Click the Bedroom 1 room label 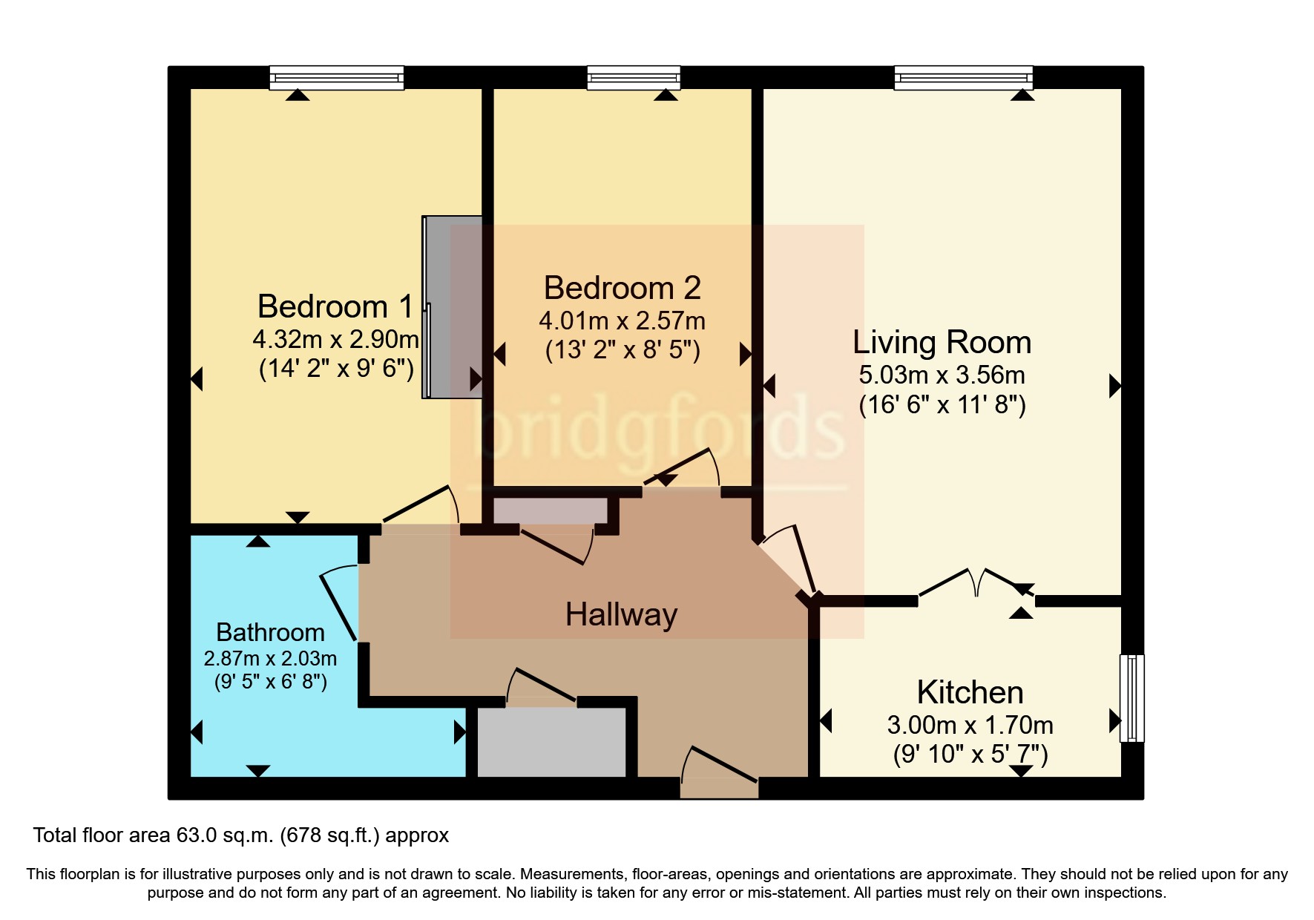(x=335, y=306)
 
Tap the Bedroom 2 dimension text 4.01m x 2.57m (x=622, y=321)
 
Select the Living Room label (x=942, y=343)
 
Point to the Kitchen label (x=970, y=692)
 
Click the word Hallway (x=621, y=615)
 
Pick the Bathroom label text (x=270, y=632)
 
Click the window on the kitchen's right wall (x=1131, y=697)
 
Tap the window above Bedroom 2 (x=633, y=77)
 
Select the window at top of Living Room (x=963, y=77)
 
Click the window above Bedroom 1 (x=336, y=77)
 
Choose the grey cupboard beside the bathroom (x=551, y=742)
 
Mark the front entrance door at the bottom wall (x=719, y=772)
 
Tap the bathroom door (x=339, y=605)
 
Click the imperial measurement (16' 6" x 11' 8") (x=942, y=405)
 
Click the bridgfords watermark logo (x=657, y=430)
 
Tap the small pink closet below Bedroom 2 (x=550, y=510)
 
